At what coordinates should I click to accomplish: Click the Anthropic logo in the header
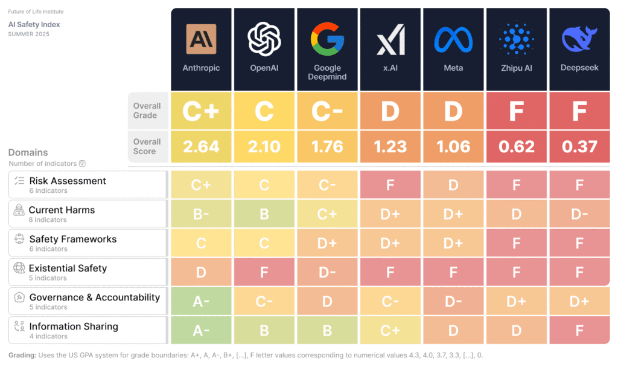(201, 39)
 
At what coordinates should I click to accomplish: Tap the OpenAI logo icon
(264, 39)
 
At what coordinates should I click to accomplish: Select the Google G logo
(327, 39)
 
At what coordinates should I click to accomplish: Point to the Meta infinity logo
(453, 39)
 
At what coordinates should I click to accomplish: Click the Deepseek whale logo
(579, 39)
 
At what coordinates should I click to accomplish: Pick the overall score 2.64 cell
(201, 147)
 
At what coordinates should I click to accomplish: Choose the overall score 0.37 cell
(579, 147)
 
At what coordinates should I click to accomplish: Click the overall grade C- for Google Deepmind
(327, 111)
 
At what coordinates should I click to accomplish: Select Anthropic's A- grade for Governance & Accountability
(201, 302)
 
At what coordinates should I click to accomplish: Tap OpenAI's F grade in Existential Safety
(264, 273)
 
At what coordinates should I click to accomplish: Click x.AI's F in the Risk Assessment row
(390, 185)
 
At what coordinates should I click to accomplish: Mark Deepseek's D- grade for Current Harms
(579, 214)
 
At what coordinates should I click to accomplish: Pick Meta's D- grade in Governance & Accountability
(453, 302)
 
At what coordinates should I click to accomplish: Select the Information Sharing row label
(74, 326)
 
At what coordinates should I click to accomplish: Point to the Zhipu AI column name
(517, 68)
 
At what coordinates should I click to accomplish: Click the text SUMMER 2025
(29, 34)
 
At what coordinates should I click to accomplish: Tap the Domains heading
(28, 152)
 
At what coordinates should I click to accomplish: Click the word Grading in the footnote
(22, 356)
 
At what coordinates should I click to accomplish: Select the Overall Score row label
(147, 146)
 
